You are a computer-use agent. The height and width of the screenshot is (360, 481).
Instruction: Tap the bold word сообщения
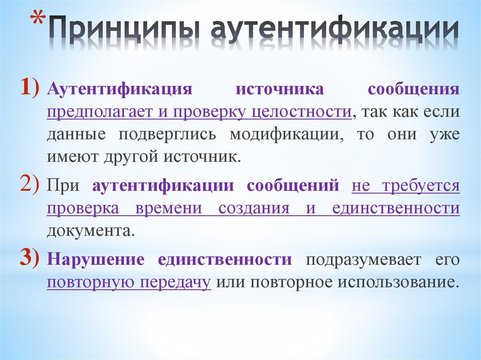tap(420, 90)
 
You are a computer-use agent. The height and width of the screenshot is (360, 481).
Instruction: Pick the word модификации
tap(283, 135)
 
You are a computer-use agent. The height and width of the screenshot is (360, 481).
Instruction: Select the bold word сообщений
tap(293, 186)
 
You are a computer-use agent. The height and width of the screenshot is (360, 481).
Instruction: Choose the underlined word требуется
tap(420, 186)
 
